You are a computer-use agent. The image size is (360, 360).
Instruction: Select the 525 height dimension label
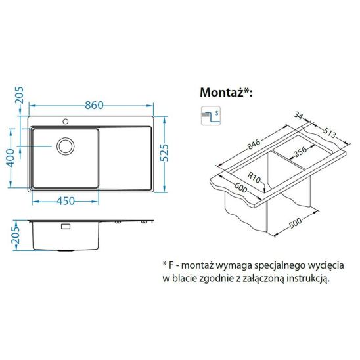[171, 155]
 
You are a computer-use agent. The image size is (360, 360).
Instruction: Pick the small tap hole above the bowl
[66, 122]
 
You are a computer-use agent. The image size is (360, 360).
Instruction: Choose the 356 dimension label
[300, 152]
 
